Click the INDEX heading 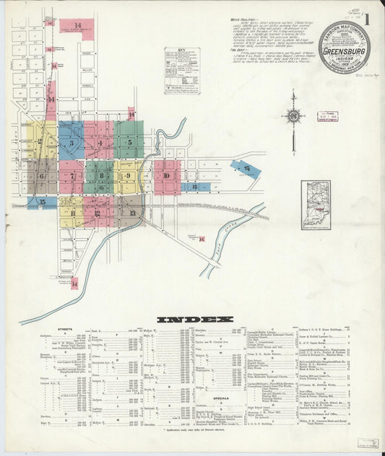pyautogui.click(x=194, y=318)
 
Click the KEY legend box pyautogui.click(x=181, y=71)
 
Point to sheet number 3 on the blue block pyautogui.click(x=71, y=143)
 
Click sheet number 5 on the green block pyautogui.click(x=129, y=142)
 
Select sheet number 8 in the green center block pyautogui.click(x=102, y=175)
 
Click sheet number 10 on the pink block pyautogui.click(x=166, y=176)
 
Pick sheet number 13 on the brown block pyautogui.click(x=132, y=213)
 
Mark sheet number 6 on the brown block pyautogui.click(x=41, y=175)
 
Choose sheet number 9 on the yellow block pyautogui.click(x=128, y=175)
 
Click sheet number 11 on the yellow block pyautogui.click(x=72, y=212)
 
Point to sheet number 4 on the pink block pyautogui.click(x=100, y=142)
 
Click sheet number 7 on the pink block pyautogui.click(x=72, y=175)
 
